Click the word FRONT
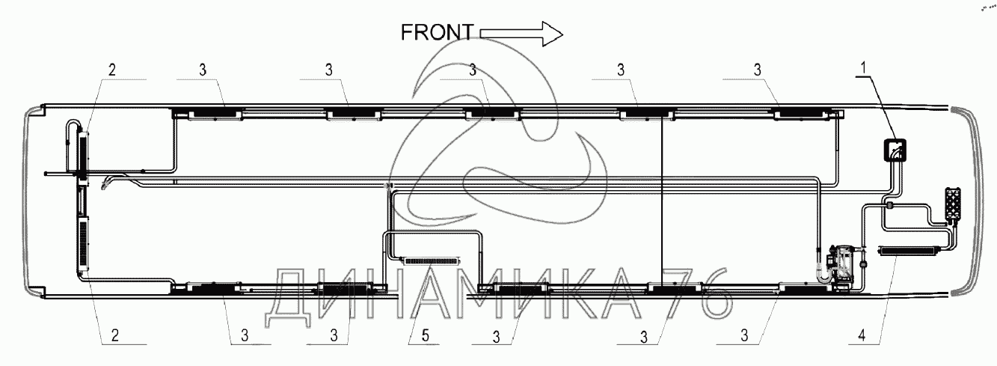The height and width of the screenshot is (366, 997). tap(437, 32)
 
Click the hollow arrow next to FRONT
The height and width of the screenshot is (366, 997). tap(521, 34)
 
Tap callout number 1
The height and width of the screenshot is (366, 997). tap(863, 68)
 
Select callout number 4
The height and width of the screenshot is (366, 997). tap(862, 335)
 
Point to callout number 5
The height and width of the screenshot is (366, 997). tap(426, 335)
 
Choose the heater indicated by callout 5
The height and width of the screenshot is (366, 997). tap(431, 260)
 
